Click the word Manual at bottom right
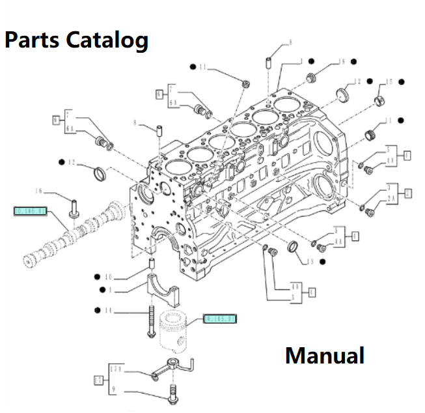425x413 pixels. pos(325,356)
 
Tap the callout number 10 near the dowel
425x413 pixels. pos(109,276)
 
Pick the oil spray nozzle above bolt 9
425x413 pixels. pos(172,367)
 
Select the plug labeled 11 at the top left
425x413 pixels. pos(245,84)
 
